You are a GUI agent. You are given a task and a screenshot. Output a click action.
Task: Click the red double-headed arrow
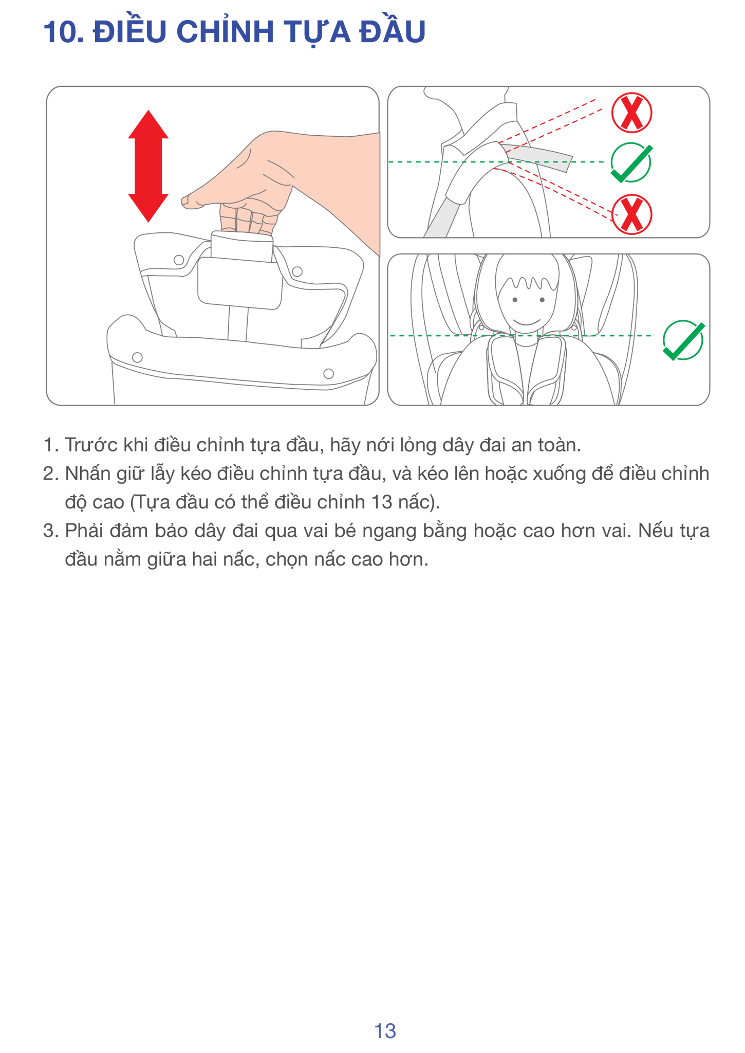point(148,166)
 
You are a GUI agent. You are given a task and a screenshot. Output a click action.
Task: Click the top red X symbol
point(631,113)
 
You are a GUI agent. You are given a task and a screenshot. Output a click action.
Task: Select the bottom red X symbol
point(631,214)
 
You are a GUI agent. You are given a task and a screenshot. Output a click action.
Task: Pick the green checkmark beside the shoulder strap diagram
point(631,162)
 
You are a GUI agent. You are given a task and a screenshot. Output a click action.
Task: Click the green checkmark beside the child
point(684,340)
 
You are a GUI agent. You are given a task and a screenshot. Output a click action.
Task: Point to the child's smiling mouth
point(527,322)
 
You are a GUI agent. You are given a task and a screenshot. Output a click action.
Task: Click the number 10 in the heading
point(61,32)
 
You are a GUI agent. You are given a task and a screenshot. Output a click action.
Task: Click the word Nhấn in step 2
point(86,473)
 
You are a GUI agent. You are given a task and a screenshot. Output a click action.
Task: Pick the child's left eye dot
point(514,300)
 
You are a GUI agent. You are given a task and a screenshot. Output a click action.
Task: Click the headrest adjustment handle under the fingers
point(241,246)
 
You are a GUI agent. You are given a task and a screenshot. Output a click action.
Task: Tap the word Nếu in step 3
point(656,530)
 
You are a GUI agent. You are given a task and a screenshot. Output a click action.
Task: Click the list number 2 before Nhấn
point(50,474)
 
